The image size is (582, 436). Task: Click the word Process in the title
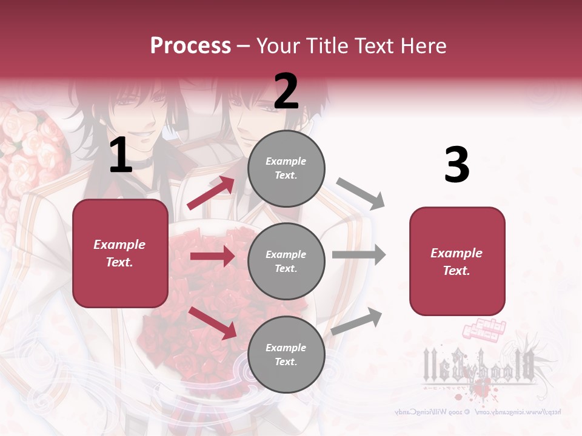click(x=190, y=45)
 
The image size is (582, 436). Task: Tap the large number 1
click(x=121, y=156)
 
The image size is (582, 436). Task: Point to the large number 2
click(x=286, y=91)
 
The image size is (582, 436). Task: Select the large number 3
click(x=457, y=165)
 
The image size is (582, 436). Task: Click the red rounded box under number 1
click(x=120, y=253)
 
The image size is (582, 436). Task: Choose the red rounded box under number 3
click(x=457, y=261)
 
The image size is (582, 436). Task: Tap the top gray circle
click(x=286, y=168)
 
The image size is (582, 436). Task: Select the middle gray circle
click(x=286, y=261)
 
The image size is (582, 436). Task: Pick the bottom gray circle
click(x=286, y=354)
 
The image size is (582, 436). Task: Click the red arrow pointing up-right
click(x=210, y=193)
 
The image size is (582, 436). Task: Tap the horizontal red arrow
click(x=212, y=256)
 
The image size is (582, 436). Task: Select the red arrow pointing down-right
click(x=213, y=323)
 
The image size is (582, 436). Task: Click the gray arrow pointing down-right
click(x=361, y=194)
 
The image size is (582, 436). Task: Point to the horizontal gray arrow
click(x=359, y=254)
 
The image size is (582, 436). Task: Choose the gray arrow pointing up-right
click(x=357, y=321)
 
